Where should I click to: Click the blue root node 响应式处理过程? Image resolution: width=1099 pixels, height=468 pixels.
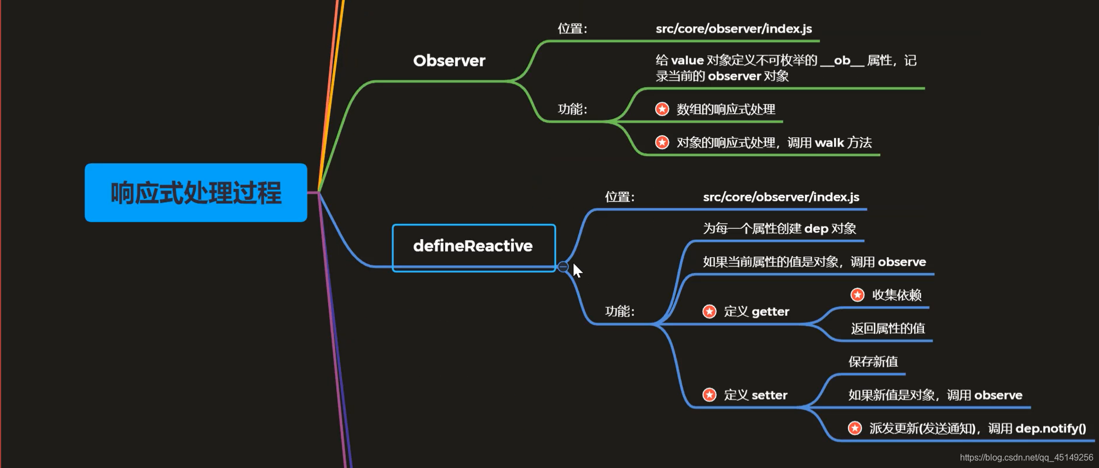tap(196, 193)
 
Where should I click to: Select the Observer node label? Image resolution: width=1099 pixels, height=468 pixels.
tap(449, 61)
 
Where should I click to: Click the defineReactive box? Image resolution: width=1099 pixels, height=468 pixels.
tap(474, 246)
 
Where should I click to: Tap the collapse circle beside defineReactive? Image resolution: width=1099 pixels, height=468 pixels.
tap(563, 267)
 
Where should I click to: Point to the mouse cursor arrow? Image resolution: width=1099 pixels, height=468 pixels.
tap(577, 270)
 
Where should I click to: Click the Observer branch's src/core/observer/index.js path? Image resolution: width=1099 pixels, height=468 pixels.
tap(734, 29)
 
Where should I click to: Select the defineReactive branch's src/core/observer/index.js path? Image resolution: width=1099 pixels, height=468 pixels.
tap(781, 197)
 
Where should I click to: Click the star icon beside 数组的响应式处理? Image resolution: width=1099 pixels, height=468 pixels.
tap(662, 109)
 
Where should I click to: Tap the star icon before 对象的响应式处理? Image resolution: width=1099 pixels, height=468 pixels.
tap(662, 143)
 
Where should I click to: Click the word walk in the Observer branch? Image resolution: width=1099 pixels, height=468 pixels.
tap(829, 143)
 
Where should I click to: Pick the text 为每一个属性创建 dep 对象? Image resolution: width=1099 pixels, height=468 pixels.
tap(779, 229)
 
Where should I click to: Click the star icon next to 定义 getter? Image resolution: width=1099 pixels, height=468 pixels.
tap(709, 312)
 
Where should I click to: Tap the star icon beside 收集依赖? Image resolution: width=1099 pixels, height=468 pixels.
tap(857, 295)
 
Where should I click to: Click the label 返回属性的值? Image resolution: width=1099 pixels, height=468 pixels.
tap(888, 328)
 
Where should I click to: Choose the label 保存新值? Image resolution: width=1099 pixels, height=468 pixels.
tap(873, 362)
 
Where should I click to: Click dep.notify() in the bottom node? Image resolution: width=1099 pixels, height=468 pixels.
tap(1050, 429)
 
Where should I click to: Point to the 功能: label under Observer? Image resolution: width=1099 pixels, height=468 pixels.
tap(572, 109)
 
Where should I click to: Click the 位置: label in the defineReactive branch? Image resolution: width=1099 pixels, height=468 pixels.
tap(619, 197)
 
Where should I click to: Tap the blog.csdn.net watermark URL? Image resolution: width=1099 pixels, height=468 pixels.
tap(1026, 458)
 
